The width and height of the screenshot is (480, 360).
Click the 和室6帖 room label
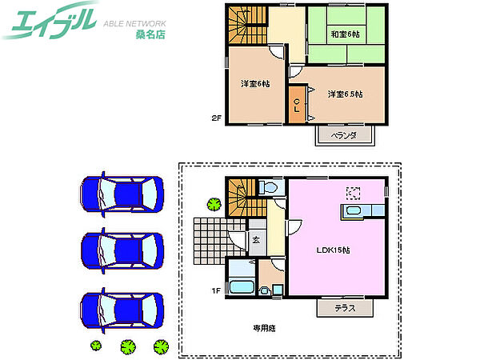tap(345, 34)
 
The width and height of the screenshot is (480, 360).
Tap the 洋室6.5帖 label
tap(345, 94)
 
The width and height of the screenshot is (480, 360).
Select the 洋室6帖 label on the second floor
tap(255, 83)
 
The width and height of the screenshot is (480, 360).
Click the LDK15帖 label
tap(333, 250)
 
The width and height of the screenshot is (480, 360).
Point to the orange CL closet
tap(297, 105)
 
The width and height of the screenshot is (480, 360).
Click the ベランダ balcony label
tap(344, 135)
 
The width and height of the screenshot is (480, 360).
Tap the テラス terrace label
tap(345, 308)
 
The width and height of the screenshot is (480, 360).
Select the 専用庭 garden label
tap(264, 328)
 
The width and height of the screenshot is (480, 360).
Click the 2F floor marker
tap(216, 118)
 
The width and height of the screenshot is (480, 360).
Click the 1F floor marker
tap(216, 290)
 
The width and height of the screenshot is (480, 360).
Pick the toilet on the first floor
tap(268, 186)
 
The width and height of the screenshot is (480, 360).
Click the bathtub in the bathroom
tap(242, 287)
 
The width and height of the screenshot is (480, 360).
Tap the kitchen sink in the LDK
tap(353, 210)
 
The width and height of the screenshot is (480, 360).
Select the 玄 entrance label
tap(256, 240)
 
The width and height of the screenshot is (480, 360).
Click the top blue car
tap(122, 194)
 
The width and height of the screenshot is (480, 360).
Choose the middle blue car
tap(122, 250)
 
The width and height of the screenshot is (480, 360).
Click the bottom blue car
tap(122, 310)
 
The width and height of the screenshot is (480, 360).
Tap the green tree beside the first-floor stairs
tap(214, 204)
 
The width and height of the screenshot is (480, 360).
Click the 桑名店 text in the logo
tap(150, 34)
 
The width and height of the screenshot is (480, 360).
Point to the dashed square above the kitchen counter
tap(353, 193)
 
